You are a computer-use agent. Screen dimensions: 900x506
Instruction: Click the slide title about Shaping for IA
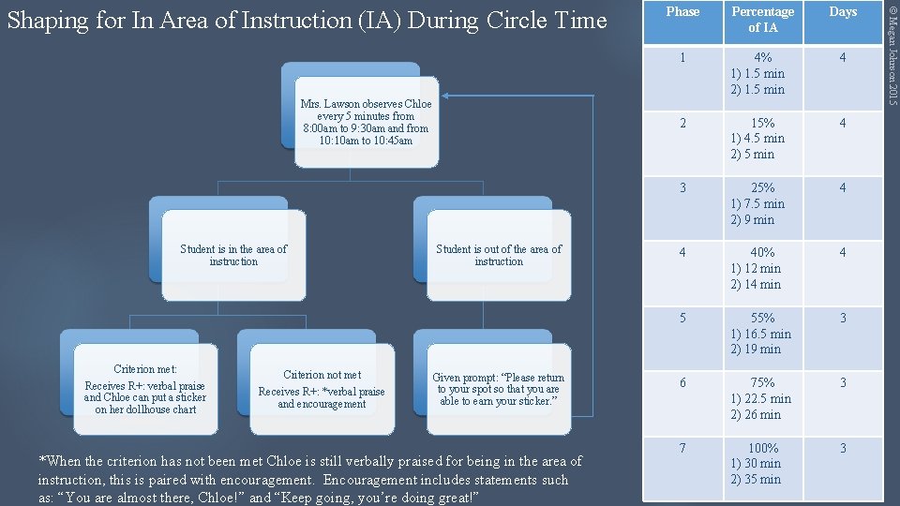click(x=307, y=20)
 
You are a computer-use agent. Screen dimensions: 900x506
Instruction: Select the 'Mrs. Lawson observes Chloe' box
click(x=366, y=122)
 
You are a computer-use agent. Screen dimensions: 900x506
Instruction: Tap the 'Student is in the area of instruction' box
click(x=233, y=255)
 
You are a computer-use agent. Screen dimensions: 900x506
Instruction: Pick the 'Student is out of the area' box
click(x=499, y=255)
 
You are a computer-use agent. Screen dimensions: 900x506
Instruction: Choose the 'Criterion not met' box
click(x=322, y=390)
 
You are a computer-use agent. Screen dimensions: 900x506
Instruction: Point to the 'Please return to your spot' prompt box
click(x=498, y=390)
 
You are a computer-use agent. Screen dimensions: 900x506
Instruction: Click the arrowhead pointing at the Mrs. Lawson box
click(x=448, y=95)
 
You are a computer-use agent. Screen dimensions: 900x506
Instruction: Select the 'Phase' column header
click(x=682, y=12)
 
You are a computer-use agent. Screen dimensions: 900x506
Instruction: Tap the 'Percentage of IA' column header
click(x=762, y=20)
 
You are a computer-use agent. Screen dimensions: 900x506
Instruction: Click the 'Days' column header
click(x=843, y=12)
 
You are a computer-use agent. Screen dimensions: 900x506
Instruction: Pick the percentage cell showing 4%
click(x=762, y=73)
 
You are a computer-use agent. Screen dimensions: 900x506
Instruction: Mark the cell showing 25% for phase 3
click(x=762, y=203)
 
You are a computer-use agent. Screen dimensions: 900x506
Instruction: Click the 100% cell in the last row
click(x=762, y=464)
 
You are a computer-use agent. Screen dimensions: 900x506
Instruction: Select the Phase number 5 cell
click(x=682, y=319)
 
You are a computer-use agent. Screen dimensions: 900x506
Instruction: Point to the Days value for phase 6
click(x=843, y=383)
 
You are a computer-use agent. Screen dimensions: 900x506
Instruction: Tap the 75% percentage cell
click(x=762, y=398)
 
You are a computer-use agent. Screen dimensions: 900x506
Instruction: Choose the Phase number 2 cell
click(x=682, y=123)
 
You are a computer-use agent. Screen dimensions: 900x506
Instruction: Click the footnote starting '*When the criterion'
click(x=309, y=480)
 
